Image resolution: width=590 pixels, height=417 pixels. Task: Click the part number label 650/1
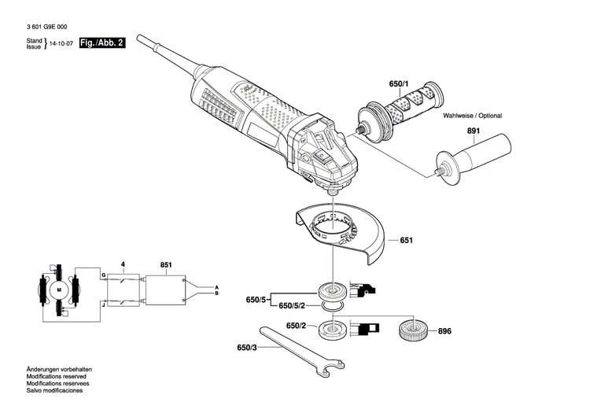click(x=399, y=83)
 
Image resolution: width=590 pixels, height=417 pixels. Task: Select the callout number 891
click(x=474, y=132)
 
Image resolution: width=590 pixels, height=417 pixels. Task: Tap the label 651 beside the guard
click(x=406, y=240)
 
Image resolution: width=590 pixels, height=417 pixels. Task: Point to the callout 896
click(x=445, y=331)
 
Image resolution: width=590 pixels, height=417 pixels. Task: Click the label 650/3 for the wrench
click(x=247, y=347)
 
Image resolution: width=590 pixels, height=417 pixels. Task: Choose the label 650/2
click(x=296, y=326)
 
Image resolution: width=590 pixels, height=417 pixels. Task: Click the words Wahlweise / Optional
click(x=472, y=116)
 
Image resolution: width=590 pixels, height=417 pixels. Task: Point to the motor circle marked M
click(x=58, y=290)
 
